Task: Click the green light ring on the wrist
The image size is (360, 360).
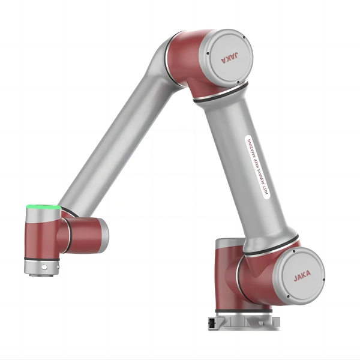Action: pyautogui.click(x=43, y=207)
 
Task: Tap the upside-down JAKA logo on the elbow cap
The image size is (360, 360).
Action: pyautogui.click(x=229, y=58)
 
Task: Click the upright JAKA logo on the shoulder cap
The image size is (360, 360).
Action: pyautogui.click(x=302, y=277)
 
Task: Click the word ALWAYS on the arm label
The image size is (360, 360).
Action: pyautogui.click(x=262, y=177)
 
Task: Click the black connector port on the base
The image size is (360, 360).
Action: pyautogui.click(x=211, y=323)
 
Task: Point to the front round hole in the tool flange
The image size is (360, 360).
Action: pyautogui.click(x=44, y=267)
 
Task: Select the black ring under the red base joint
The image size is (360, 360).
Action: pyautogui.click(x=244, y=311)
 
